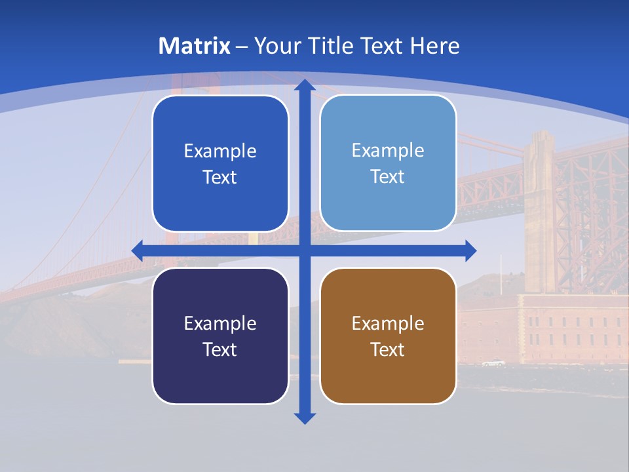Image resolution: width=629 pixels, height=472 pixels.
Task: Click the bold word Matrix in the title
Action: pyautogui.click(x=195, y=46)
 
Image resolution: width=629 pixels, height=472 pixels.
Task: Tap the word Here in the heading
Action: pyautogui.click(x=435, y=46)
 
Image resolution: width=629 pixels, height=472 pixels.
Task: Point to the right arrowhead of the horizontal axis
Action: pyautogui.click(x=470, y=250)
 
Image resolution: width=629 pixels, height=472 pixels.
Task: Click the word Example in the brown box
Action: pyautogui.click(x=388, y=323)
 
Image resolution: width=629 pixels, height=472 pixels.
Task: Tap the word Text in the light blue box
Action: pyautogui.click(x=388, y=177)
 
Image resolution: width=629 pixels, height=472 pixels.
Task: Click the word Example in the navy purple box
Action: pyautogui.click(x=220, y=323)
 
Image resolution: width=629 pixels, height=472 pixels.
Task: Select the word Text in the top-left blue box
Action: pyautogui.click(x=220, y=178)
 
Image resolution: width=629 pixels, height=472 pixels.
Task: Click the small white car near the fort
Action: pyautogui.click(x=493, y=363)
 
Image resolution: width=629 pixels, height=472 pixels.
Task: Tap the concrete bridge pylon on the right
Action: pyautogui.click(x=539, y=210)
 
